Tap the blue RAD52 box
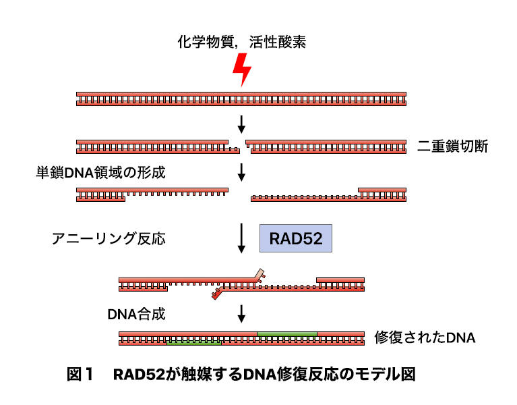(x=296, y=239)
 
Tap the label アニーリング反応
(x=108, y=239)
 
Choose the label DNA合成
(x=135, y=313)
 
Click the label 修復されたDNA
(x=425, y=337)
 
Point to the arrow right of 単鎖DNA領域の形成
(x=241, y=172)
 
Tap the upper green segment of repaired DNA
(x=286, y=333)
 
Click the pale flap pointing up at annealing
(x=259, y=275)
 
